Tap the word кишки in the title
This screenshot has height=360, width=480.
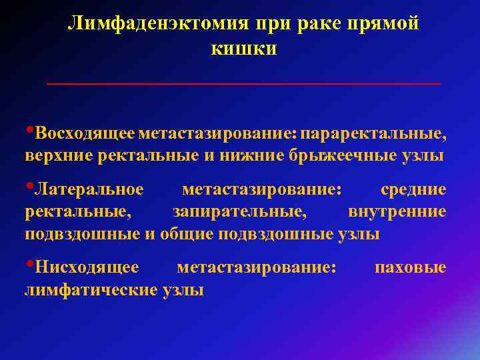[x=243, y=49]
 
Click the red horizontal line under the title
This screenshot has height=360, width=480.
[x=243, y=84]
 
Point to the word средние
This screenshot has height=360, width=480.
[x=413, y=190]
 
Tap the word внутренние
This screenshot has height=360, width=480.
[x=397, y=213]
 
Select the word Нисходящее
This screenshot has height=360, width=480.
[x=87, y=267]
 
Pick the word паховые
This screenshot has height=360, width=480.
[x=411, y=267]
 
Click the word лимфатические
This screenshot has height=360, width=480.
[x=91, y=290]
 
